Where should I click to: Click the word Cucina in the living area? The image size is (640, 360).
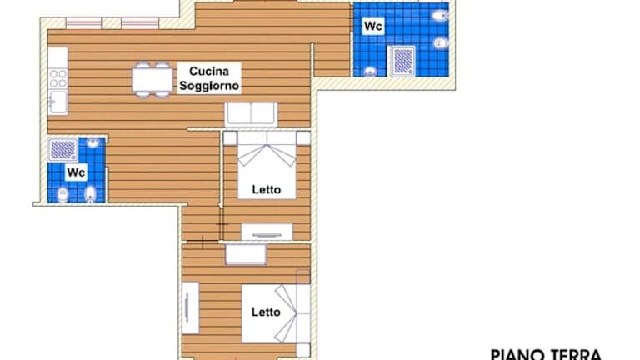click(x=209, y=72)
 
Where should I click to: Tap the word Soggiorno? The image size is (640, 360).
click(x=209, y=86)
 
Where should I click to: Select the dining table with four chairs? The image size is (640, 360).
click(x=152, y=80)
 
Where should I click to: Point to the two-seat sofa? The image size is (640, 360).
click(x=251, y=114)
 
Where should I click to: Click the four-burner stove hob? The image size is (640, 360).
click(x=57, y=78)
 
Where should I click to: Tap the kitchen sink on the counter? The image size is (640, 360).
click(x=57, y=102)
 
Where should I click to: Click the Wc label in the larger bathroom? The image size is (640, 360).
click(x=373, y=26)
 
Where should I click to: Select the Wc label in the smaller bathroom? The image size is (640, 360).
click(x=76, y=172)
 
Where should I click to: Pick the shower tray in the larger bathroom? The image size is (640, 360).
click(x=402, y=61)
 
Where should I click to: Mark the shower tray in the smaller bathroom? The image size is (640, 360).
click(x=62, y=150)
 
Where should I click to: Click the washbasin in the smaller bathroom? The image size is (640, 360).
click(x=93, y=142)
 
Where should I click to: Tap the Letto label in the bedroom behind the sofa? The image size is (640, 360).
click(x=267, y=189)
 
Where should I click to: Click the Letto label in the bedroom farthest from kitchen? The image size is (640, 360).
click(x=266, y=312)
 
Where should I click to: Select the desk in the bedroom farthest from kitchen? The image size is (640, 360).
click(x=246, y=254)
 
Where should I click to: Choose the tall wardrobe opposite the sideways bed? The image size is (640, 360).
click(x=190, y=307)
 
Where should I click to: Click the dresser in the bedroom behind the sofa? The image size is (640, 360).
click(x=267, y=232)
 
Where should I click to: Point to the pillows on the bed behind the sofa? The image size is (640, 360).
click(x=267, y=137)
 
